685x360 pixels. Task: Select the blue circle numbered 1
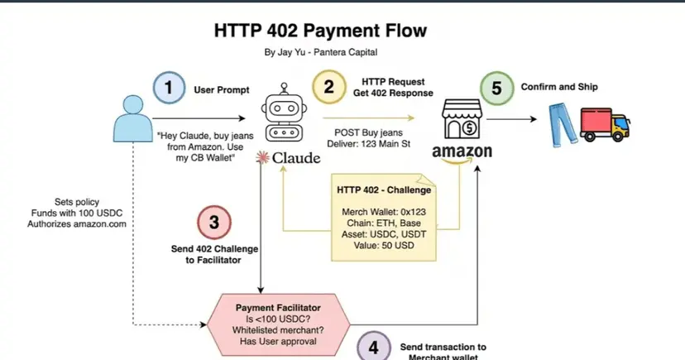click(168, 89)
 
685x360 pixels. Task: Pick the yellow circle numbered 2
click(328, 88)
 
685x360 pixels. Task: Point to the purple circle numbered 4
click(374, 347)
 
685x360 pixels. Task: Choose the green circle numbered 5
click(496, 89)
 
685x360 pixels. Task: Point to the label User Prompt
click(221, 89)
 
